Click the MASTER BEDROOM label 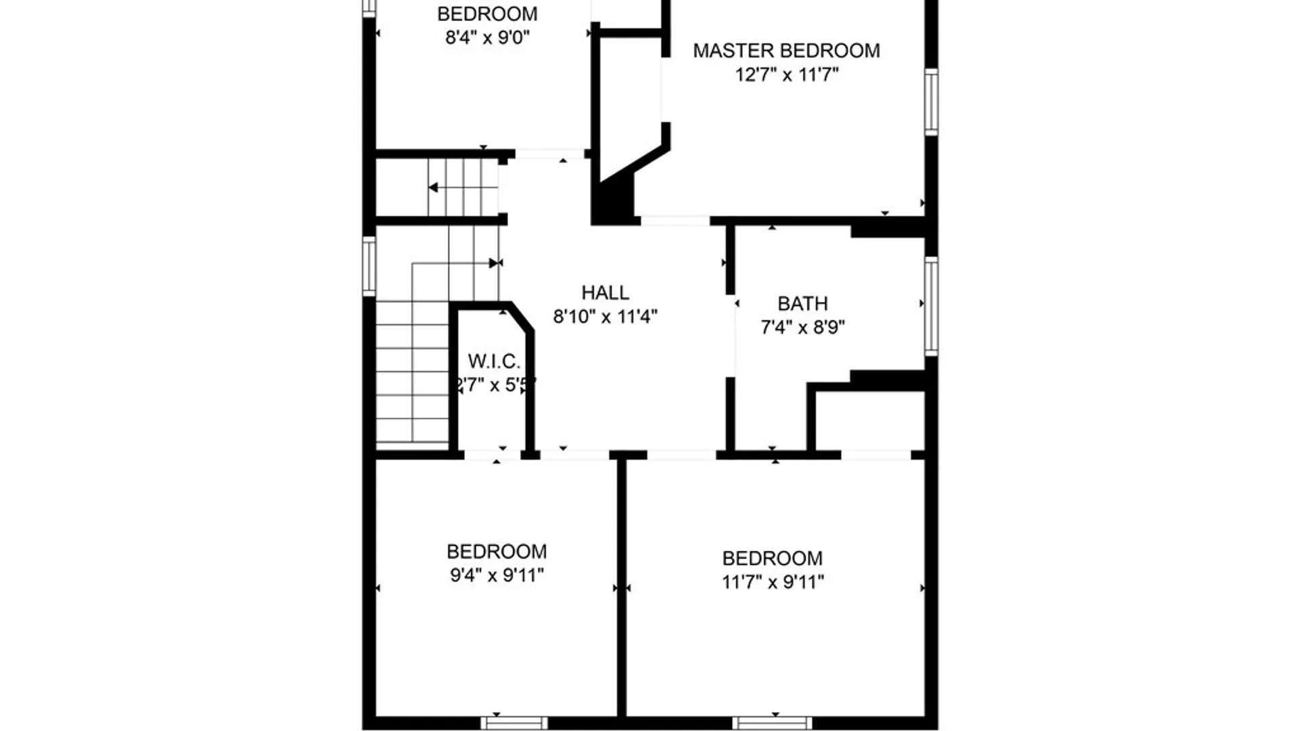pyautogui.click(x=786, y=51)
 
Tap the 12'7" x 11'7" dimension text pyautogui.click(x=787, y=74)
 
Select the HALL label pyautogui.click(x=605, y=292)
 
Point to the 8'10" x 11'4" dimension pyautogui.click(x=605, y=316)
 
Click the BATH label pyautogui.click(x=802, y=303)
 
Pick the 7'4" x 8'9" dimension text pyautogui.click(x=802, y=327)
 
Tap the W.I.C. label pyautogui.click(x=494, y=361)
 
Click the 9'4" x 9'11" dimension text pyautogui.click(x=497, y=575)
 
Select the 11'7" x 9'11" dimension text pyautogui.click(x=773, y=581)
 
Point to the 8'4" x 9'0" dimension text pyautogui.click(x=487, y=37)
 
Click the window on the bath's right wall pyautogui.click(x=931, y=306)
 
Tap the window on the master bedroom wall pyautogui.click(x=931, y=102)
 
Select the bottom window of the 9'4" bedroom pyautogui.click(x=514, y=723)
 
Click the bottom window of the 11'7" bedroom pyautogui.click(x=772, y=723)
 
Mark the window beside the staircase pyautogui.click(x=369, y=266)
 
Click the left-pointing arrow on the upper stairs pyautogui.click(x=433, y=187)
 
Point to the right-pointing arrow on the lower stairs pyautogui.click(x=493, y=263)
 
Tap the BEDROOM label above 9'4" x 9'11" pyautogui.click(x=497, y=552)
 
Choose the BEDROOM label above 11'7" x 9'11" pyautogui.click(x=773, y=558)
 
